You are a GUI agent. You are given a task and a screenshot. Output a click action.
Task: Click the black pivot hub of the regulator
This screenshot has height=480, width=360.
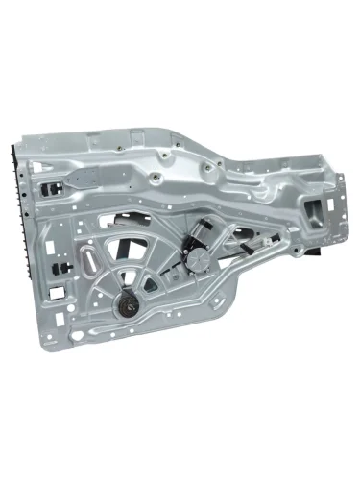pos(125,307)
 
